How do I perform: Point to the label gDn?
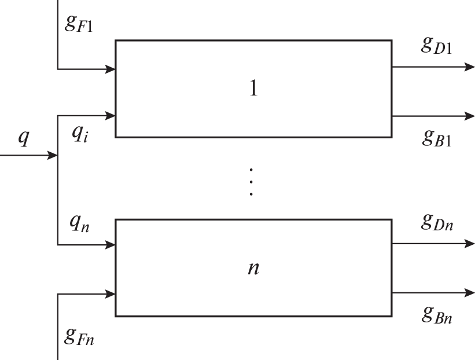pyautogui.click(x=436, y=222)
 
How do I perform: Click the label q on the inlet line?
pyautogui.click(x=24, y=139)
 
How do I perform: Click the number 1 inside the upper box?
pyautogui.click(x=253, y=89)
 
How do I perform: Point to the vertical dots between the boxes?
pyautogui.click(x=251, y=182)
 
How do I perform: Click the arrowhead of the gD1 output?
pyautogui.click(x=469, y=67)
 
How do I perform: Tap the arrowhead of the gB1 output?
pyautogui.click(x=469, y=116)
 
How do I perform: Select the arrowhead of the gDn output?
pyautogui.click(x=469, y=244)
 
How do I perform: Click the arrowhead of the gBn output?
pyautogui.click(x=469, y=293)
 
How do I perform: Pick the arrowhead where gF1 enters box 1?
pyautogui.click(x=111, y=69)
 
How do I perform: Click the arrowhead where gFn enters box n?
pyautogui.click(x=111, y=293)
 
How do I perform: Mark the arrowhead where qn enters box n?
pyautogui.click(x=111, y=245)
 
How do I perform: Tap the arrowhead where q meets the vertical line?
pyautogui.click(x=53, y=156)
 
